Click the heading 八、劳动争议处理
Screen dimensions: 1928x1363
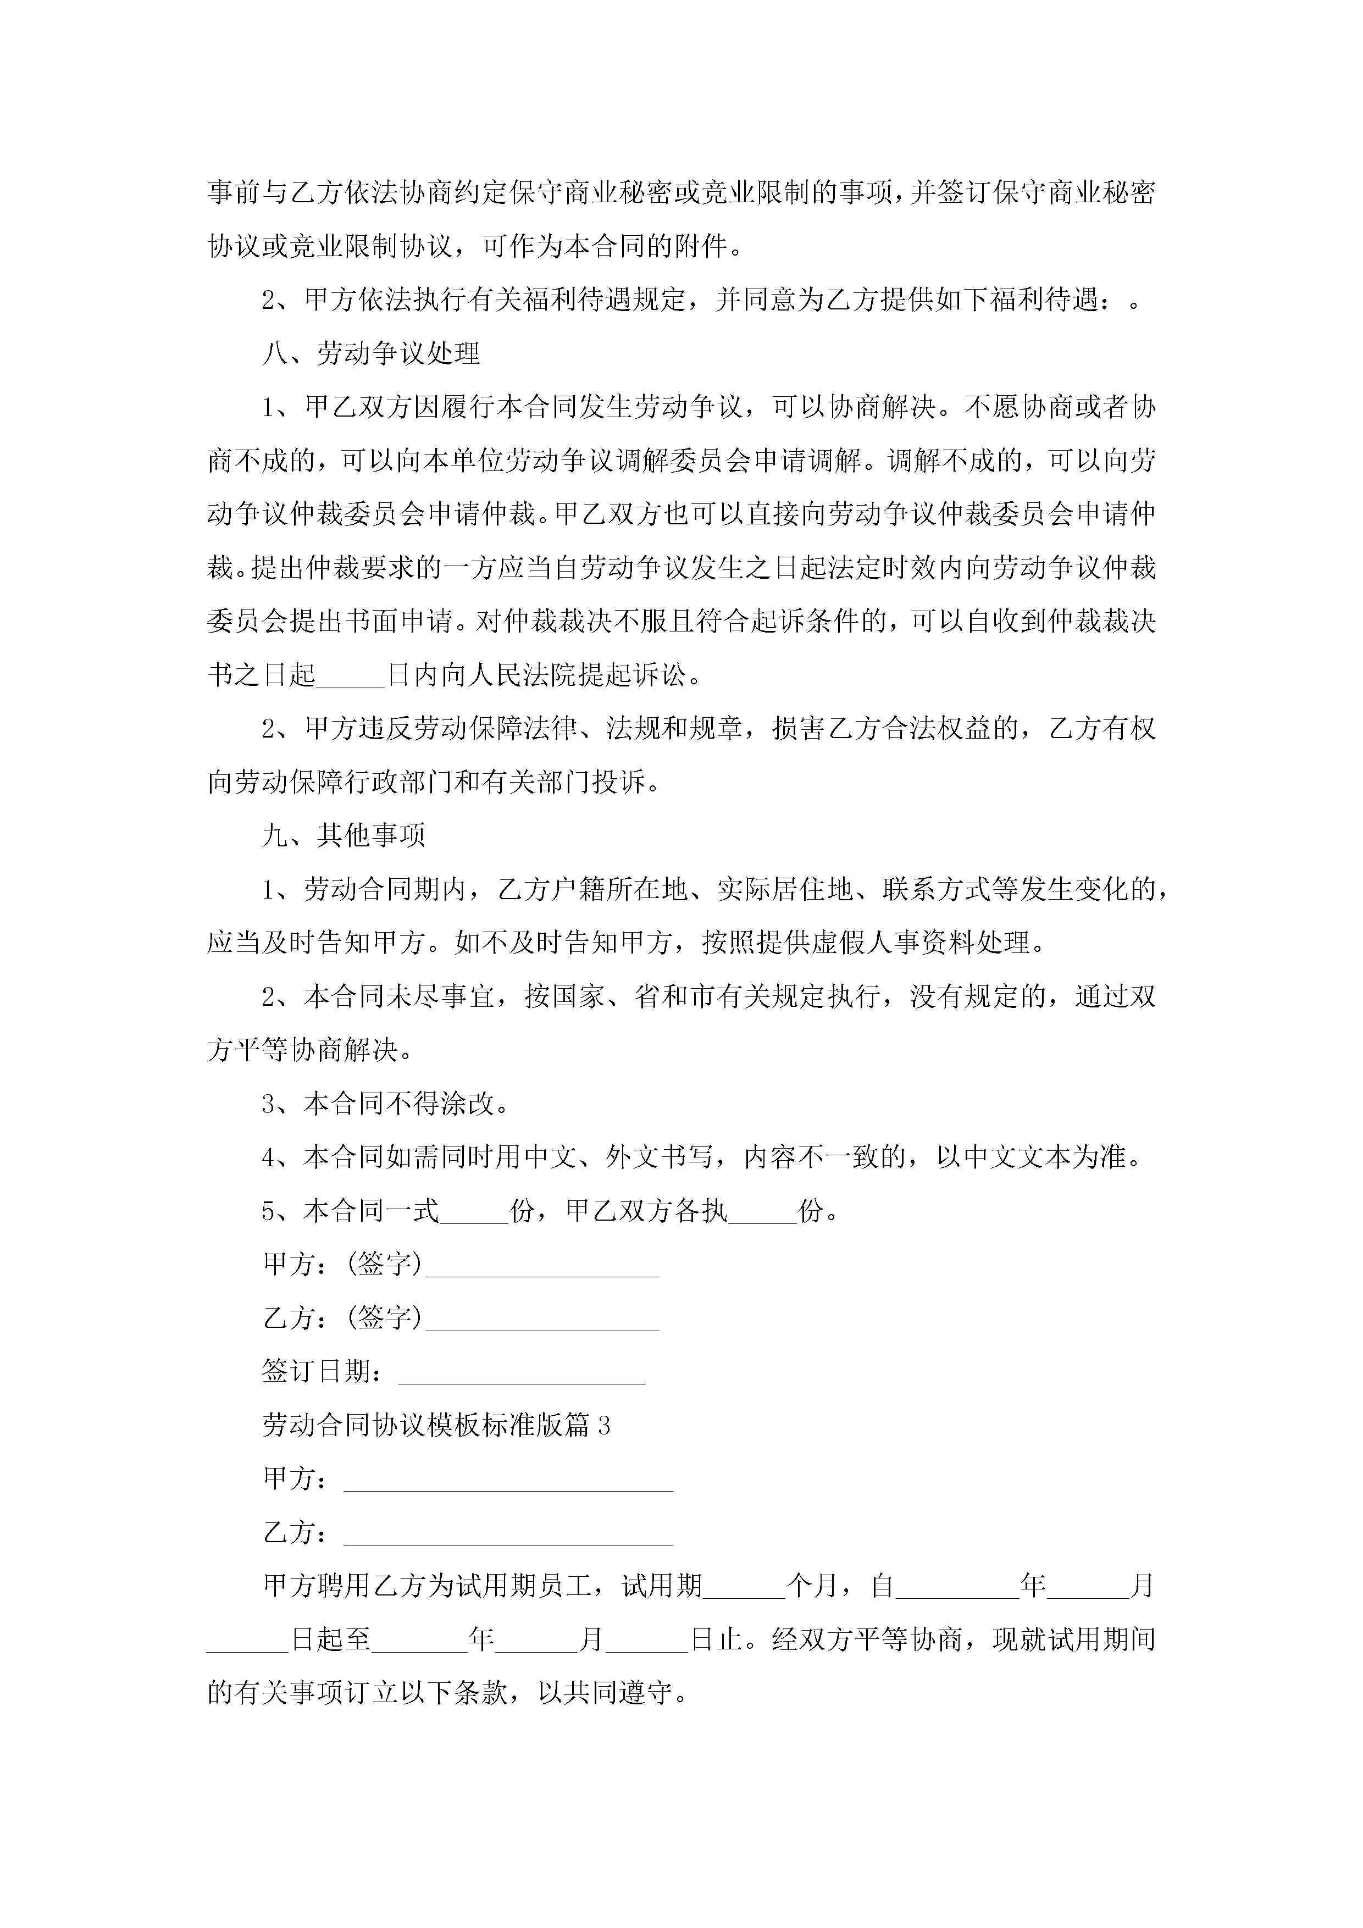pos(370,353)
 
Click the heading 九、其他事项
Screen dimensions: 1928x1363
pos(343,835)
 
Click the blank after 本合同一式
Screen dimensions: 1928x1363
pos(474,1212)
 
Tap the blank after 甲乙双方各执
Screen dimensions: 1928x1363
pos(762,1212)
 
